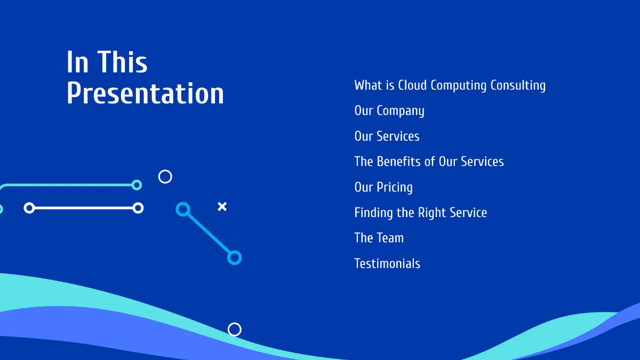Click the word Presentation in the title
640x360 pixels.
(x=145, y=94)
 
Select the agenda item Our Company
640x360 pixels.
(x=389, y=111)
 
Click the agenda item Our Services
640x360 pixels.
(x=387, y=136)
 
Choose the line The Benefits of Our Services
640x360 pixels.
(x=429, y=162)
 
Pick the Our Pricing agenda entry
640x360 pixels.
(x=383, y=187)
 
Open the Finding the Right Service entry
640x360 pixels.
(x=420, y=213)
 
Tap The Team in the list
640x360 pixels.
(x=379, y=238)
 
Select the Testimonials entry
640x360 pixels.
(x=387, y=263)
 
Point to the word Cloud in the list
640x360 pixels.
(x=412, y=85)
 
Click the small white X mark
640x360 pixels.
(x=222, y=206)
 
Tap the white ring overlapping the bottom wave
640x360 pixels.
(x=235, y=330)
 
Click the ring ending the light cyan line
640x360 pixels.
(x=137, y=185)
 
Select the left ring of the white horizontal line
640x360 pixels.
(x=29, y=208)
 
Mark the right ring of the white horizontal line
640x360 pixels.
(x=138, y=208)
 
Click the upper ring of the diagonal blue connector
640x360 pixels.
(x=183, y=209)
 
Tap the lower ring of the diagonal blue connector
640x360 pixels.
(x=234, y=258)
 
